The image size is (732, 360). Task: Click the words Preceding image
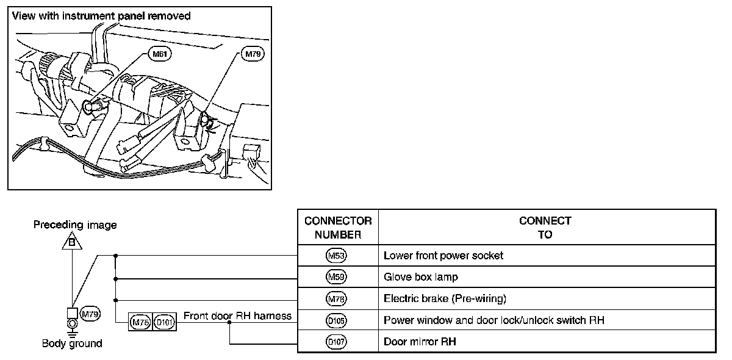point(75,225)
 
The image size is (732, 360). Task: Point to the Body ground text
point(72,344)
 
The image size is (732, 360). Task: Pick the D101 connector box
point(164,321)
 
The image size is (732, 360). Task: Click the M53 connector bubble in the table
point(337,256)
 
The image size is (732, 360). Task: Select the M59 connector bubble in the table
point(337,277)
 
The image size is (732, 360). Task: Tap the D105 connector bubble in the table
point(337,320)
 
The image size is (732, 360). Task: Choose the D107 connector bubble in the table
point(337,342)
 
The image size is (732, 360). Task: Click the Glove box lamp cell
point(421,277)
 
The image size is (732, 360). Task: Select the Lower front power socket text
point(443,256)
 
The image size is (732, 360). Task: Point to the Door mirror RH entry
point(420,342)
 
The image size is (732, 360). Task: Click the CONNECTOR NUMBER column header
point(338,228)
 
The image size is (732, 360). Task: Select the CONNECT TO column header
point(545,228)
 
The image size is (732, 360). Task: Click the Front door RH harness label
point(237,315)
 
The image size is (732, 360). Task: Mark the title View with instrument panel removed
point(101,16)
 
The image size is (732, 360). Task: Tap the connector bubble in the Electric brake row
point(337,299)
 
